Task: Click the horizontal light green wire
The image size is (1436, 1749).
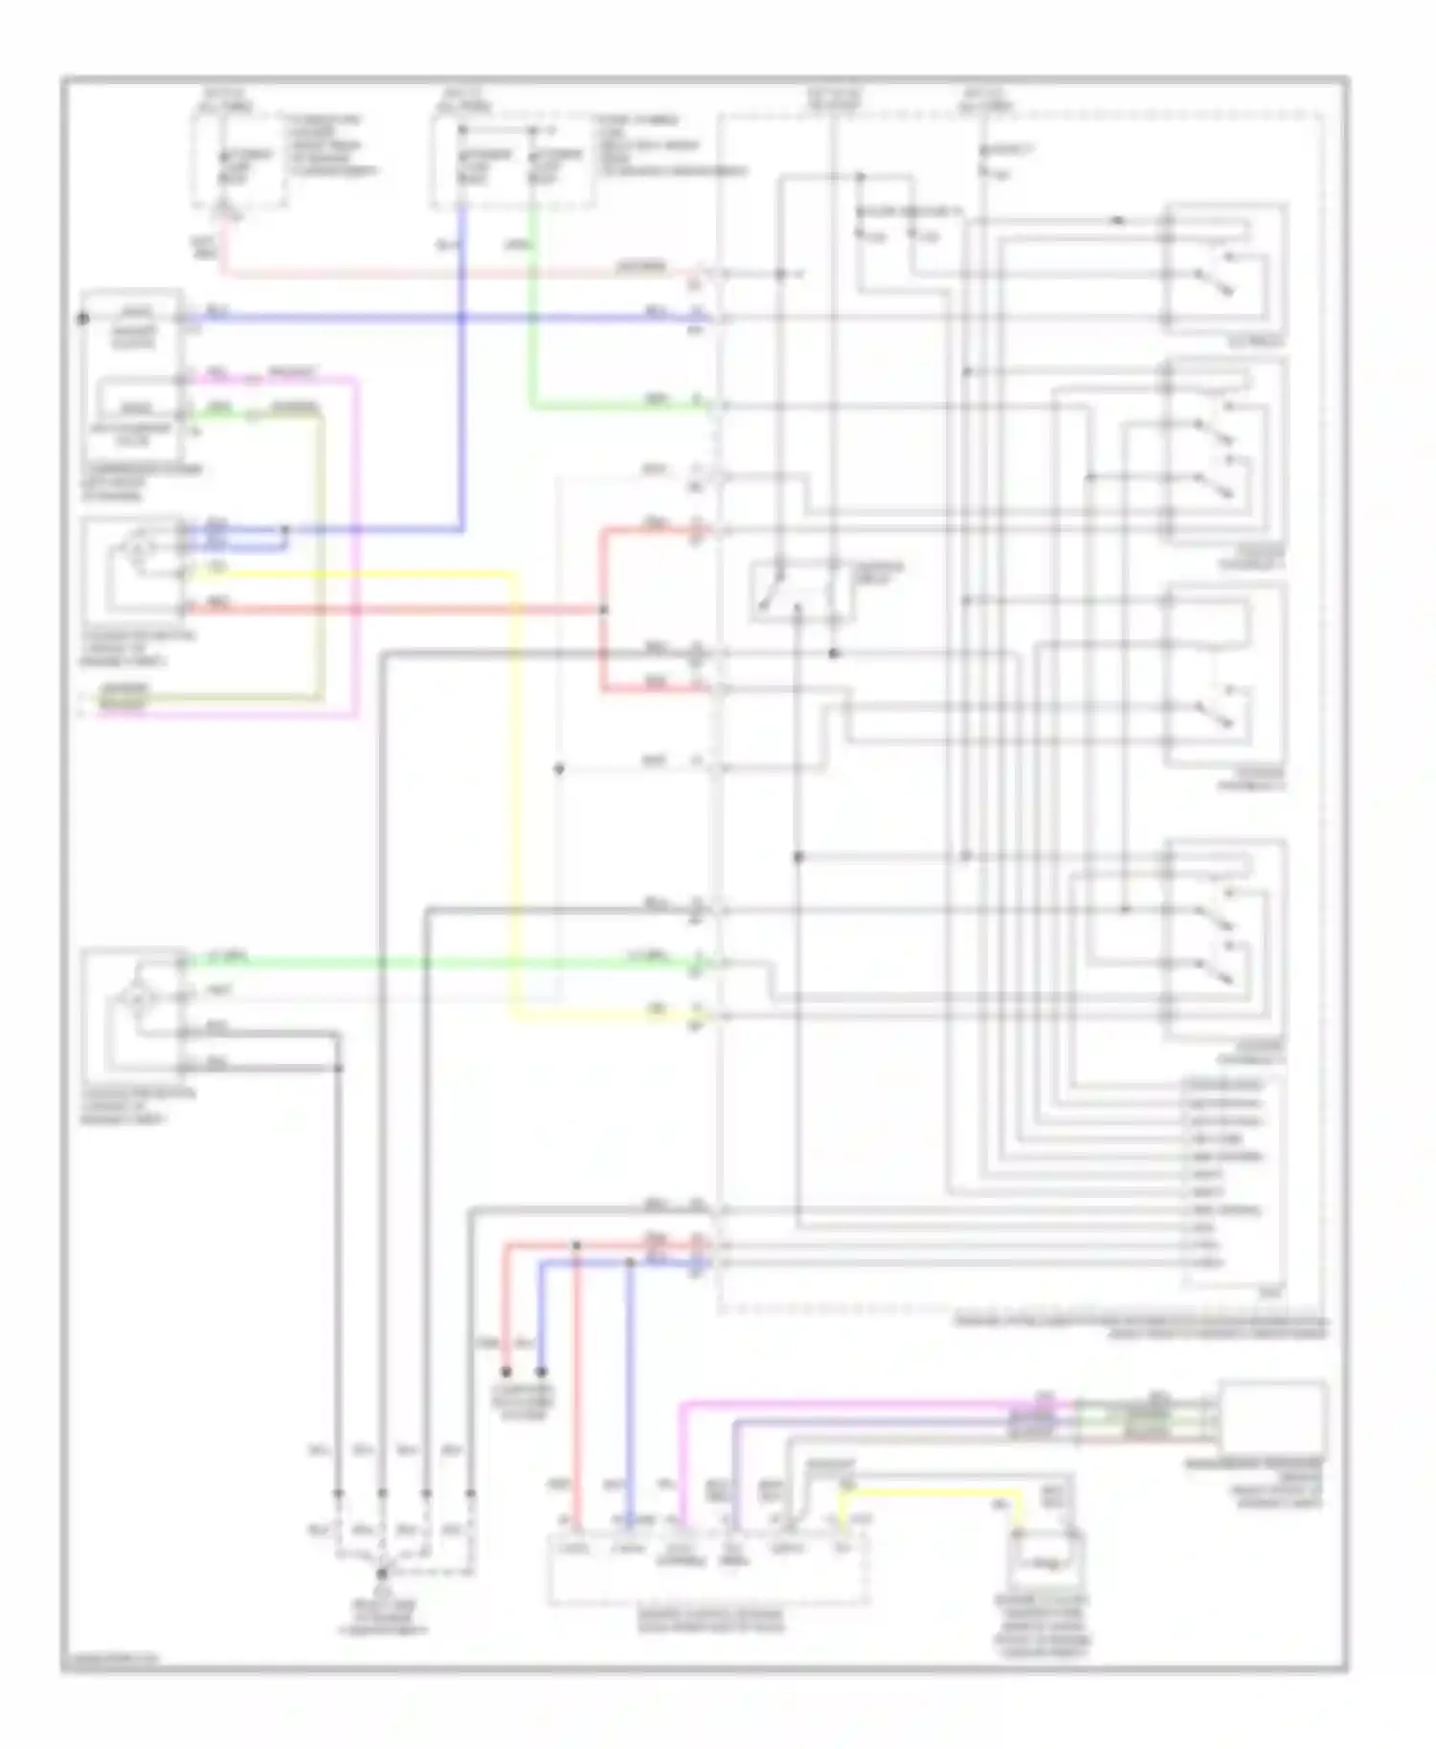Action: (x=431, y=962)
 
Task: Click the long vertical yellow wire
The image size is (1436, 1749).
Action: (x=515, y=794)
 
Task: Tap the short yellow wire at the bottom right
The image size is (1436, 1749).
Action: (x=933, y=1493)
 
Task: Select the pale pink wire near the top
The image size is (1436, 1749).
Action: (x=431, y=274)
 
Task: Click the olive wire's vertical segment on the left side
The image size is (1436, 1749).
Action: (x=322, y=555)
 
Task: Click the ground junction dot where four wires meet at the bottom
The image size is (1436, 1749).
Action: (x=381, y=1573)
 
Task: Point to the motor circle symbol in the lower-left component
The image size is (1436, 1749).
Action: (x=136, y=999)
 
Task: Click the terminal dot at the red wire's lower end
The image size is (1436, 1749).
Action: (x=506, y=1372)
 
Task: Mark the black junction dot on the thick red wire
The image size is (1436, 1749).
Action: (x=603, y=609)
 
